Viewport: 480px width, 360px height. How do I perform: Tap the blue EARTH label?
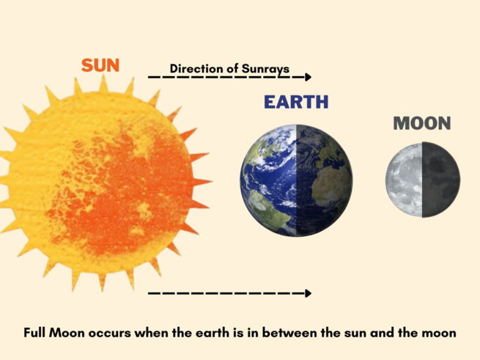[297, 103]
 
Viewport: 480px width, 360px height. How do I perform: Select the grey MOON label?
[421, 123]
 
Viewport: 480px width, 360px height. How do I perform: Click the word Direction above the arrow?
[196, 69]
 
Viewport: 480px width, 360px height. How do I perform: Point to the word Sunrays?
[264, 69]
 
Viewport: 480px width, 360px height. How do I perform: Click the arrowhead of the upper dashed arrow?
[308, 77]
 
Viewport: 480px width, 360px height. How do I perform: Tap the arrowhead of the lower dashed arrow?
[308, 293]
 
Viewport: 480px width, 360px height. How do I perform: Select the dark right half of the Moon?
[441, 180]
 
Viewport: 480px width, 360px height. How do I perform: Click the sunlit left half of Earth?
[268, 180]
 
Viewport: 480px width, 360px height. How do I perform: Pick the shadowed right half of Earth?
[324, 180]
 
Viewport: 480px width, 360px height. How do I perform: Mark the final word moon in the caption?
[440, 332]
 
